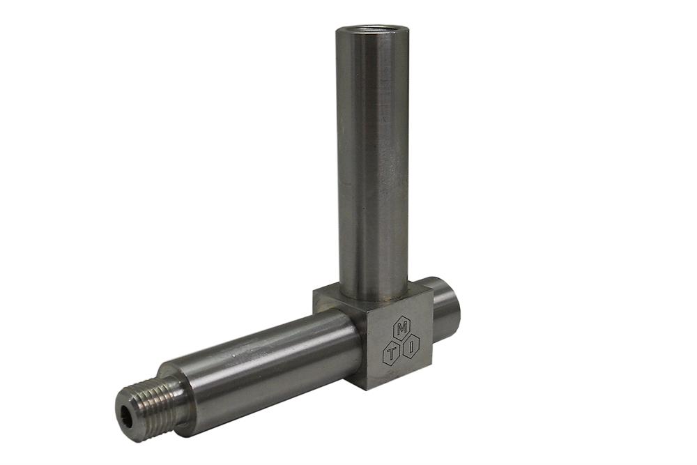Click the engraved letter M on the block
pyautogui.click(x=401, y=328)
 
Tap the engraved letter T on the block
pyautogui.click(x=392, y=353)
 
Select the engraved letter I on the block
pyautogui.click(x=413, y=343)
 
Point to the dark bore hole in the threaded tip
pyautogui.click(x=125, y=416)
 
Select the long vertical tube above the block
pyautogui.click(x=373, y=160)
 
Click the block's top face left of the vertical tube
pyautogui.click(x=326, y=296)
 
